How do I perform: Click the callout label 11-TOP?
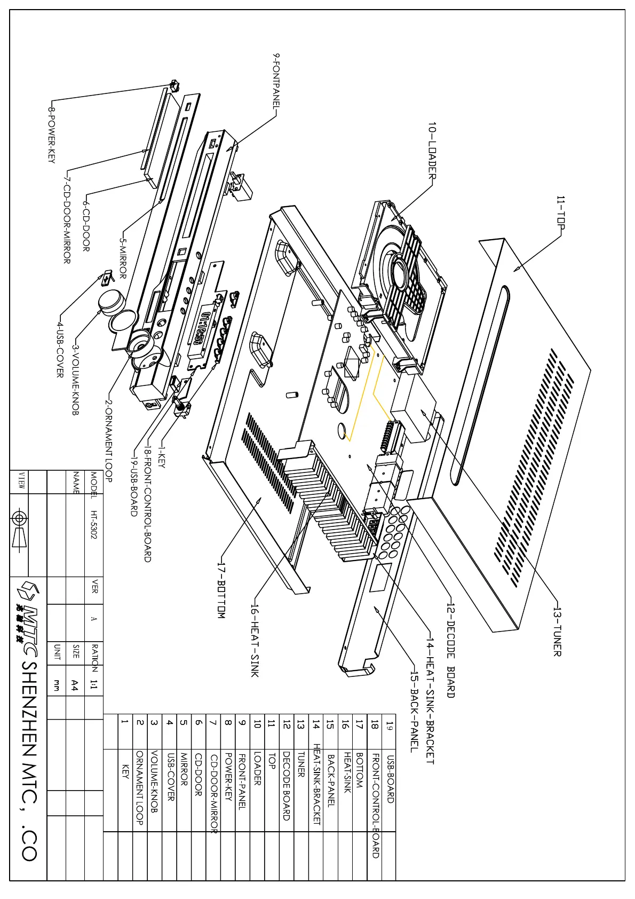[x=561, y=212]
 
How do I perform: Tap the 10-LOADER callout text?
[x=432, y=151]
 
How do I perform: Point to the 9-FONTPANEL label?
[x=276, y=80]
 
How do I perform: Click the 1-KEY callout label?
[x=161, y=458]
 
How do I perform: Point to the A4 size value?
[x=75, y=685]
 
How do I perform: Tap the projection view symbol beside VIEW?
[x=19, y=526]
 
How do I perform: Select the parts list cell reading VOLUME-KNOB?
[x=154, y=782]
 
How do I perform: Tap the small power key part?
[x=173, y=85]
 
